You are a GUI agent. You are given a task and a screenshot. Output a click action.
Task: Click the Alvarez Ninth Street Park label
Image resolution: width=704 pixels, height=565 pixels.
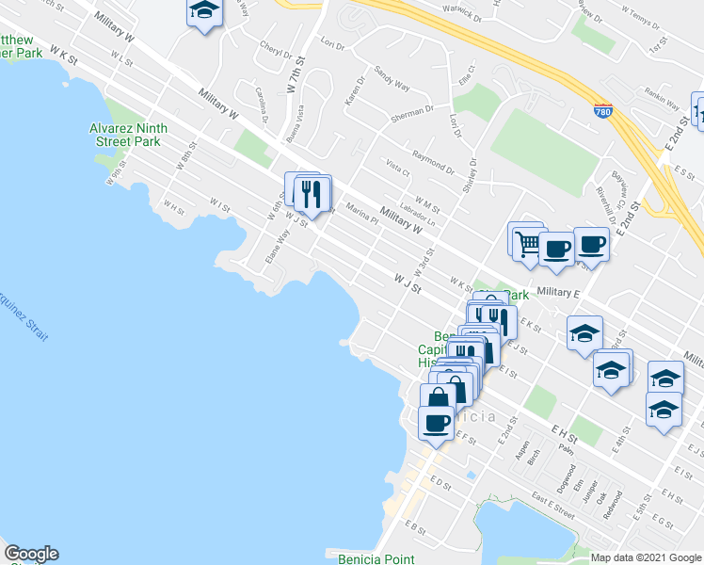pyautogui.click(x=128, y=135)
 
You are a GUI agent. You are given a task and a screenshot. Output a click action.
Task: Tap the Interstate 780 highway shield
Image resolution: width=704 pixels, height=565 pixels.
pyautogui.click(x=602, y=111)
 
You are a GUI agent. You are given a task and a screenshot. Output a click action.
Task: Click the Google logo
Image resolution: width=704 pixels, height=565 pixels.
pyautogui.click(x=31, y=554)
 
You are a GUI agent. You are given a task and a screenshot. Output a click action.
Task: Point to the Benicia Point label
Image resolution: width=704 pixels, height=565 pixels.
pyautogui.click(x=376, y=558)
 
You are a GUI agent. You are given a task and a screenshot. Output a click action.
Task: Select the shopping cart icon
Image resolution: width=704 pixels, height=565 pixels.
pyautogui.click(x=528, y=243)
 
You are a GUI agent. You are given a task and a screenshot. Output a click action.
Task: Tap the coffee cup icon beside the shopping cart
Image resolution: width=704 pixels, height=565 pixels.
pyautogui.click(x=555, y=250)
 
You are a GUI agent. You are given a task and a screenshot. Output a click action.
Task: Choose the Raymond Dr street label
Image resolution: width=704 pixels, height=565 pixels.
pyautogui.click(x=432, y=161)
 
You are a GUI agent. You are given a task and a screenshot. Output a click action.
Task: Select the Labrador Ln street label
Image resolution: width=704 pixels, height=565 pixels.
pyautogui.click(x=418, y=218)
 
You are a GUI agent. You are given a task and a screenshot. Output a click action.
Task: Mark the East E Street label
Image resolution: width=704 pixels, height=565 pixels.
pyautogui.click(x=552, y=512)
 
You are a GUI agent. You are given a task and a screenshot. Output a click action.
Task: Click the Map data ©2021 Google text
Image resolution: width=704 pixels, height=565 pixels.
pyautogui.click(x=646, y=557)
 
